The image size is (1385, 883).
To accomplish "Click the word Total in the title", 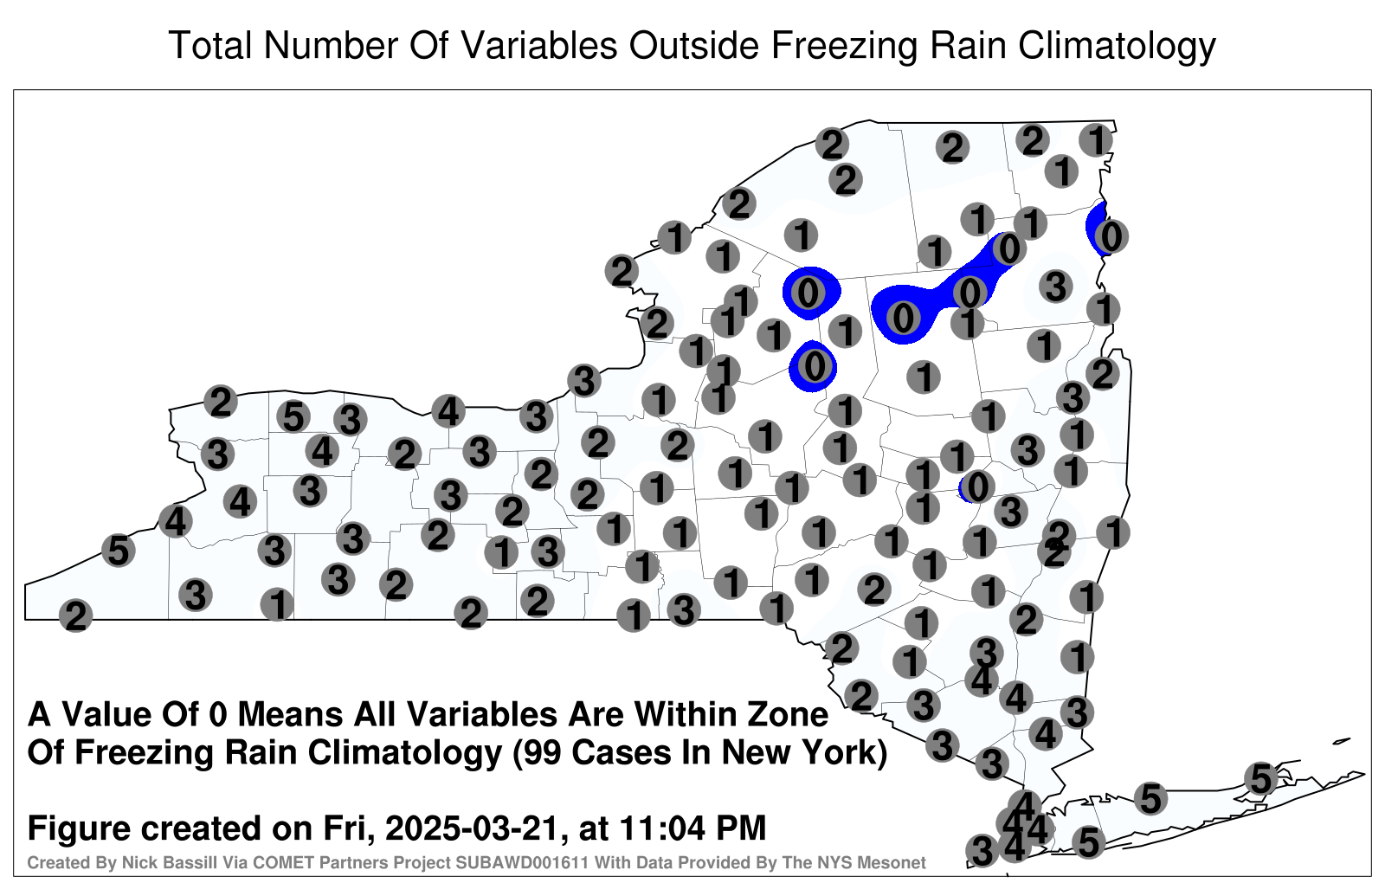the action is point(210,45).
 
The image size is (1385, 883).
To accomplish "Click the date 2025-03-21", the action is point(474,828).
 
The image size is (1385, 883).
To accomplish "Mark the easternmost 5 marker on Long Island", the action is point(1261,778).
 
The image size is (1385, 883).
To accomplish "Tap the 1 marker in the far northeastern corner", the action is point(1096,140).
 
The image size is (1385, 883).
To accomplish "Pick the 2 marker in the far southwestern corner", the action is point(75,616).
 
